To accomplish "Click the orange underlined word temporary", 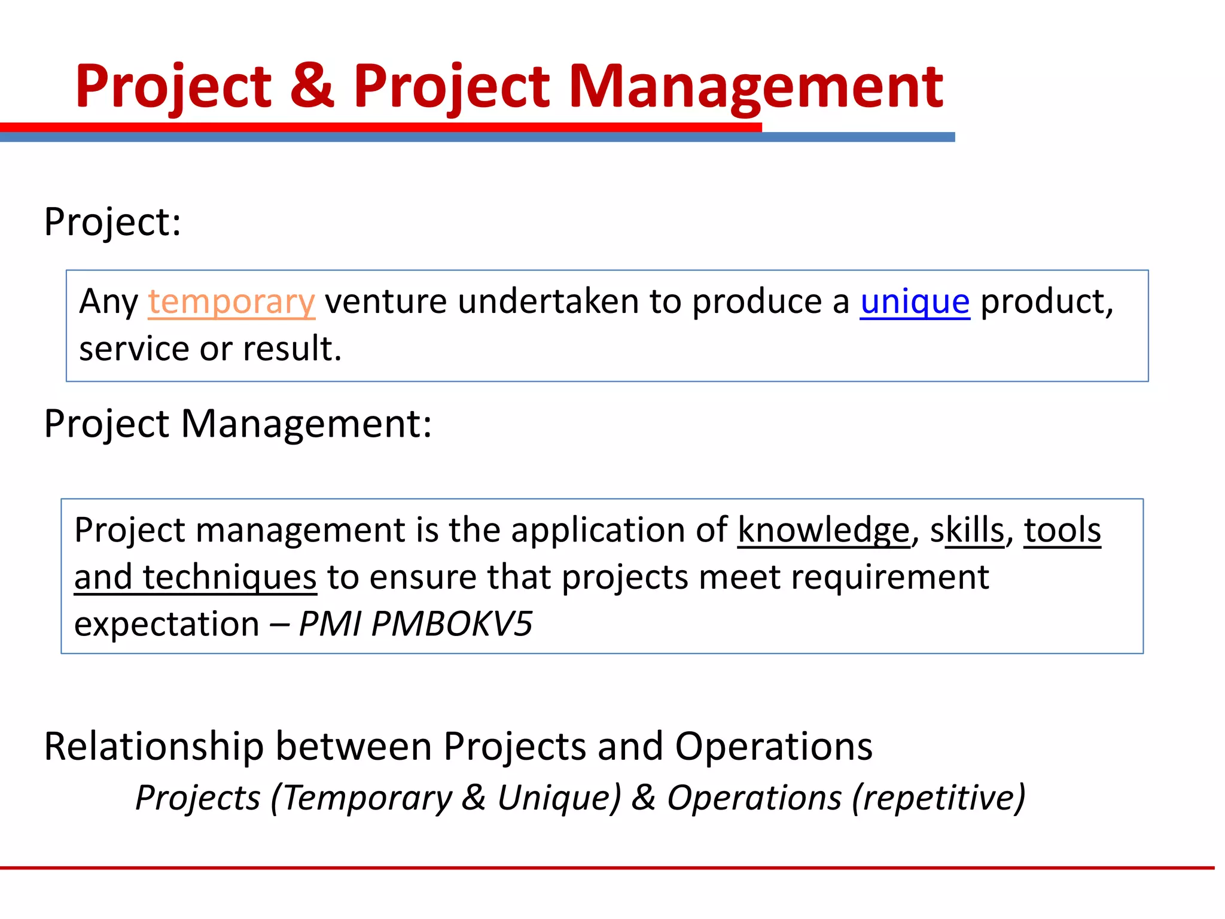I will pos(231,302).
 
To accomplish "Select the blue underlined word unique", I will pos(915,302).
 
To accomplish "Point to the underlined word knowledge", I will pos(823,531).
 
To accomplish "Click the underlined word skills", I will pos(967,531).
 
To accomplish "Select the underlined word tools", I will pos(1062,531).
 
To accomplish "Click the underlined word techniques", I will pos(229,578).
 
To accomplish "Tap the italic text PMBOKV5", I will pos(452,624).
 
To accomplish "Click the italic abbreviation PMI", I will pos(330,624).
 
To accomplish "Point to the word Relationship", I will pos(154,747).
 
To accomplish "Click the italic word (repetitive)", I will pos(938,798).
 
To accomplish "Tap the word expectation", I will pos(166,624).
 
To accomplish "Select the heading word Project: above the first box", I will pos(112,223).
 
